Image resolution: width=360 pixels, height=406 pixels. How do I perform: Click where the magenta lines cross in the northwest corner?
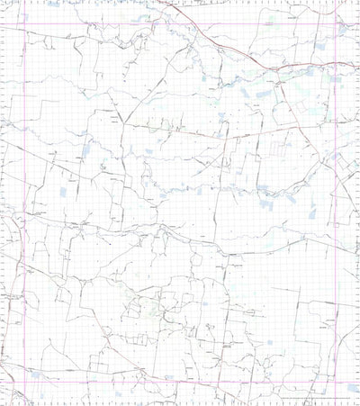tap(24, 24)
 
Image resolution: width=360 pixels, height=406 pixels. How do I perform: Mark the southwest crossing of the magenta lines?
tap(24, 381)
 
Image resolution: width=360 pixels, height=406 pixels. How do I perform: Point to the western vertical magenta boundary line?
tap(24, 180)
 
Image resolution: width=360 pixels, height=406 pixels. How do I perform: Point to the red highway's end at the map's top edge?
tap(163, 2)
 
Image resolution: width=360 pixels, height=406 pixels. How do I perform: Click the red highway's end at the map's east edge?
tap(357, 65)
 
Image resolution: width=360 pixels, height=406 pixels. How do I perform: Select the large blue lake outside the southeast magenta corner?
tap(351, 388)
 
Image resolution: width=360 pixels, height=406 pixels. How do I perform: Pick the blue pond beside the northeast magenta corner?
tap(344, 28)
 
